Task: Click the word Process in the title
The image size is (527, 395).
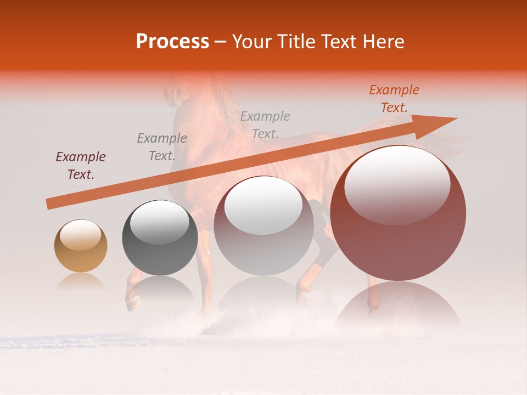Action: point(172,42)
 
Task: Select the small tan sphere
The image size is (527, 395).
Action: point(81,246)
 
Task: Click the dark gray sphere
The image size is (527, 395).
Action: point(160,238)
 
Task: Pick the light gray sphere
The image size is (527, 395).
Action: point(263,226)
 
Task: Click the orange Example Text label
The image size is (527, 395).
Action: point(394,99)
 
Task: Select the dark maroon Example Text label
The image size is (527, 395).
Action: point(81,166)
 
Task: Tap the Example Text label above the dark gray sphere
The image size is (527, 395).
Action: point(162,147)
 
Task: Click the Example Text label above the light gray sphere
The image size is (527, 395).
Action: point(265,125)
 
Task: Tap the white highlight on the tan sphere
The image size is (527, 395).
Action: point(80,234)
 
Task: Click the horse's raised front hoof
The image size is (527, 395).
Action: point(132,300)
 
